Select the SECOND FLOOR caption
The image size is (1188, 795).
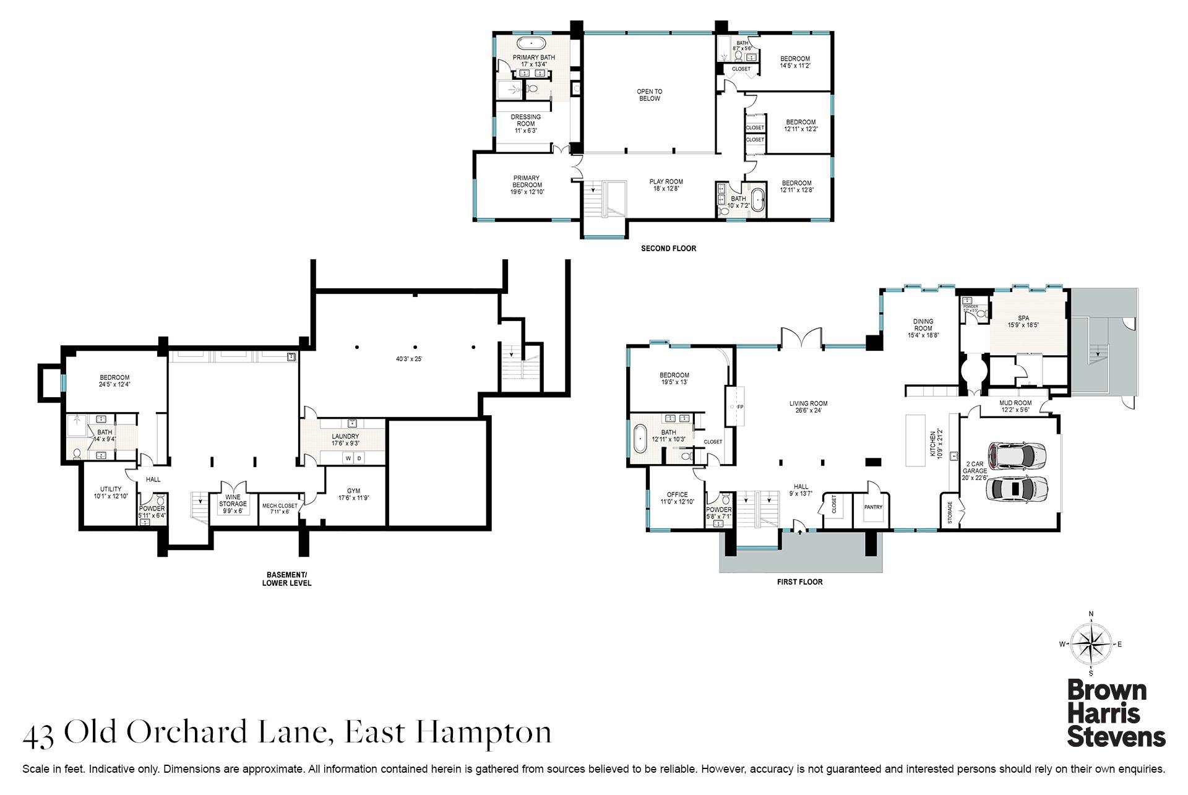click(668, 249)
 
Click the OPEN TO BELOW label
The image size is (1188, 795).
click(649, 95)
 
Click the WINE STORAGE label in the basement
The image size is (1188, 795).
click(233, 501)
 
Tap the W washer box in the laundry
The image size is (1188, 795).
click(348, 458)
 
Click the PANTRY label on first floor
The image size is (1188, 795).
click(873, 507)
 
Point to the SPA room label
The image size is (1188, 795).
click(1023, 319)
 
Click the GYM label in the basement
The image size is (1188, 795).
click(353, 491)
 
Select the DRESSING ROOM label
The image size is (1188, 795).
click(525, 120)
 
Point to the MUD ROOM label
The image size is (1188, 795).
click(1015, 403)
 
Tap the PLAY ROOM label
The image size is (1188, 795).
click(666, 182)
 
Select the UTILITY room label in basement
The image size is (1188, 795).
click(111, 489)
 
